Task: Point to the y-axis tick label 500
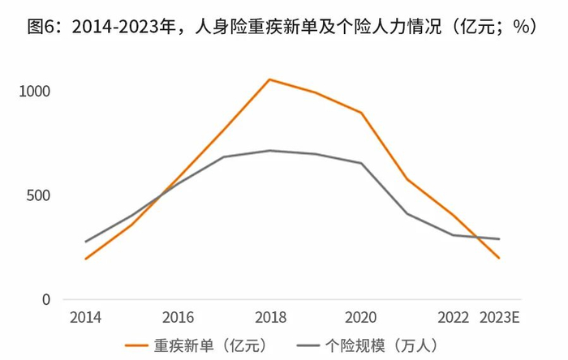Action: (x=37, y=195)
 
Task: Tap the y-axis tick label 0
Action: (x=46, y=299)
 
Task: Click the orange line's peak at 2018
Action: (x=269, y=79)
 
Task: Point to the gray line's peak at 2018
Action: (x=269, y=150)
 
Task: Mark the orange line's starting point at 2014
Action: (x=85, y=259)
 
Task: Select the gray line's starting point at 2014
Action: (x=85, y=242)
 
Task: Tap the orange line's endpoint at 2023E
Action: (x=499, y=258)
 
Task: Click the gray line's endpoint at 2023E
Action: (x=499, y=239)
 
